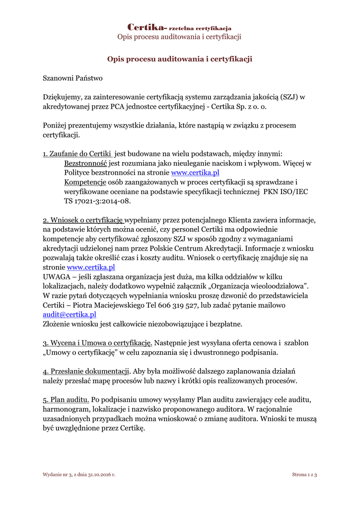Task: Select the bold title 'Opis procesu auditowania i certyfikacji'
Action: pos(180,59)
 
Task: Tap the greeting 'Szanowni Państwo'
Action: pos(72,78)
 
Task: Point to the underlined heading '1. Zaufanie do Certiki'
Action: pos(77,154)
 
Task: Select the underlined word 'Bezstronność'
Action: pos(86,163)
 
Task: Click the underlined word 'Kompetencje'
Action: pos(85,182)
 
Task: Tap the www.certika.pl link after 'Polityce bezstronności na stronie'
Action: pos(195,173)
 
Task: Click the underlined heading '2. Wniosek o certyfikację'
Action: pos(83,220)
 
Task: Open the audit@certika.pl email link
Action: pos(70,315)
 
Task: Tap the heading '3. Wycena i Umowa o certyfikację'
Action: pos(97,343)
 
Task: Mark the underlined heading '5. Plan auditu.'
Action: pos(66,399)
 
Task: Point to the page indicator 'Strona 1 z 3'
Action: pos(304,475)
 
